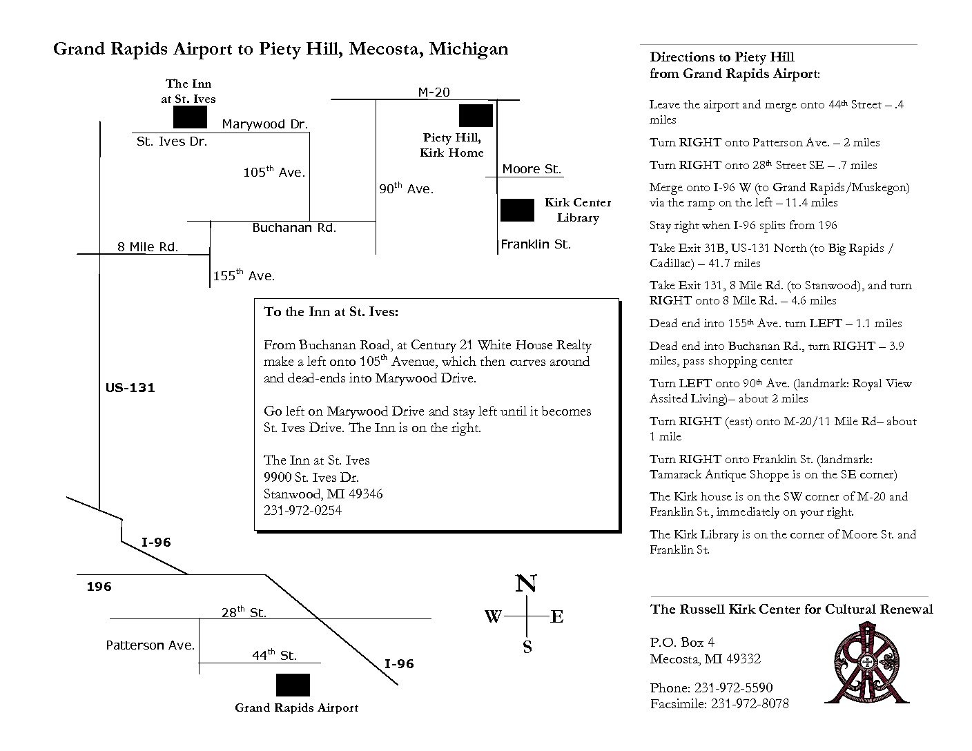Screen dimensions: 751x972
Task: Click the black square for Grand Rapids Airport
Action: pyautogui.click(x=293, y=685)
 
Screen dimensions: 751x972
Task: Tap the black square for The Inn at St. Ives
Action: pyautogui.click(x=190, y=117)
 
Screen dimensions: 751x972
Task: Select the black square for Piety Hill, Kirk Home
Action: pyautogui.click(x=476, y=115)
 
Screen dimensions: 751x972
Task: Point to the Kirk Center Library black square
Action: pyautogui.click(x=517, y=210)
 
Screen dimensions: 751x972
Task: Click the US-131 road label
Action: pyautogui.click(x=130, y=388)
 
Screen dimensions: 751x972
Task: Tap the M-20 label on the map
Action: pyautogui.click(x=434, y=92)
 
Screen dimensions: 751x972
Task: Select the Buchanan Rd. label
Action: pyautogui.click(x=294, y=228)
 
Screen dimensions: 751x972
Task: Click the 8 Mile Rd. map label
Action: pyautogui.click(x=148, y=247)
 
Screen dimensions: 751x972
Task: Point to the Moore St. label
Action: pyautogui.click(x=532, y=169)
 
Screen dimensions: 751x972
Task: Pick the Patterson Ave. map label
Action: pyautogui.click(x=150, y=645)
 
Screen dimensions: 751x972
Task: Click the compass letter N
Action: pyautogui.click(x=527, y=584)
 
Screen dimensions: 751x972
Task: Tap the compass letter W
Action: pyautogui.click(x=493, y=616)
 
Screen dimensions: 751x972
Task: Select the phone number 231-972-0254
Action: pyautogui.click(x=302, y=511)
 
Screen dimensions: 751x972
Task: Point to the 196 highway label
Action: pyautogui.click(x=99, y=587)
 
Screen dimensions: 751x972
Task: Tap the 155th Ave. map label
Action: pyautogui.click(x=244, y=276)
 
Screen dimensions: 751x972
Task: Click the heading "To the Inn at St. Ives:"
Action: pyautogui.click(x=331, y=312)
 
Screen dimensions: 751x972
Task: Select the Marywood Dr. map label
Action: pyautogui.click(x=265, y=124)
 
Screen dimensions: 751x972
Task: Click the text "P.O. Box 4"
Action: pyautogui.click(x=682, y=643)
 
